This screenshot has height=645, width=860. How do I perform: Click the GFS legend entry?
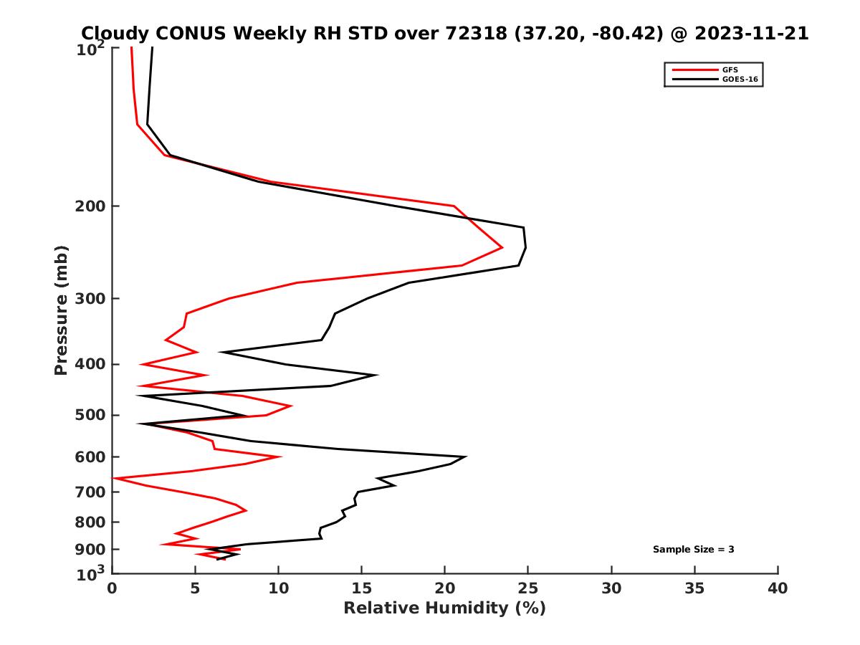click(x=730, y=70)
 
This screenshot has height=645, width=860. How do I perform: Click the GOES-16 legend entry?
click(x=740, y=80)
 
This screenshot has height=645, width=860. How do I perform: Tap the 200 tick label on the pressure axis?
click(x=89, y=206)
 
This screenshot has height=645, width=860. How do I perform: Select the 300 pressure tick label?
click(x=89, y=299)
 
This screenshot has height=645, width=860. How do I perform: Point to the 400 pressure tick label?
click(x=89, y=364)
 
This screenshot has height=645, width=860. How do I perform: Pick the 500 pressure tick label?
click(x=89, y=415)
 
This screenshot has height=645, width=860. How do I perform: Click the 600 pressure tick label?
click(x=89, y=457)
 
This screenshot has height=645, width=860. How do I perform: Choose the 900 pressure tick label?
click(x=89, y=550)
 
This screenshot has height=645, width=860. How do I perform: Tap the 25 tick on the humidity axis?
click(x=528, y=588)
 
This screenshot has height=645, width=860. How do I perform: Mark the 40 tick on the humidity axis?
click(x=778, y=588)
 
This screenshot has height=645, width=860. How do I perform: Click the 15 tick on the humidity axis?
click(x=361, y=588)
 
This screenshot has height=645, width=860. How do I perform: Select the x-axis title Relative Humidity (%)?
click(x=444, y=608)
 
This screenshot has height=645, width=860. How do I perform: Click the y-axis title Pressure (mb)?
click(x=61, y=310)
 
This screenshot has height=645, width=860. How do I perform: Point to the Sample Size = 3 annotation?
click(x=693, y=550)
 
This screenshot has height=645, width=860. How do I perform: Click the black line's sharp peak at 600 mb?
click(x=466, y=457)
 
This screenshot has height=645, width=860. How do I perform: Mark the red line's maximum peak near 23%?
click(x=502, y=247)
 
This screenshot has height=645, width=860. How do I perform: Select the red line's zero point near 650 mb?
click(x=113, y=478)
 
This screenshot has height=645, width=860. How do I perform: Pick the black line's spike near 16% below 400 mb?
click(x=376, y=375)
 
